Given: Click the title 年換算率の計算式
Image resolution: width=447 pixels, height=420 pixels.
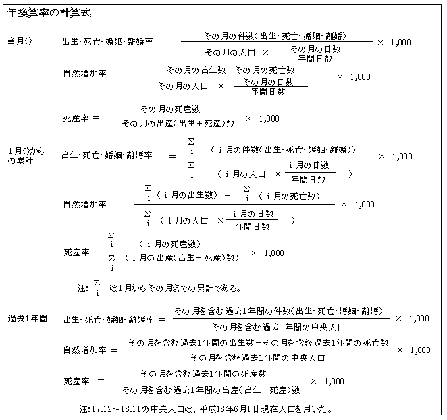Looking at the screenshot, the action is pyautogui.click(x=49, y=13).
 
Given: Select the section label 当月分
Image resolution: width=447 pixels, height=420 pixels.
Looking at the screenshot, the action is pyautogui.click(x=20, y=41).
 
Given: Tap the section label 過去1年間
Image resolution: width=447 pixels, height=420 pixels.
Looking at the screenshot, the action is pyautogui.click(x=28, y=319).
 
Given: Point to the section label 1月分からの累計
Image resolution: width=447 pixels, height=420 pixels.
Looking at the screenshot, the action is pyautogui.click(x=26, y=156).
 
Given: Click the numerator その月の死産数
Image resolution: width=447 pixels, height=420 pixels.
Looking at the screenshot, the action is pyautogui.click(x=170, y=109).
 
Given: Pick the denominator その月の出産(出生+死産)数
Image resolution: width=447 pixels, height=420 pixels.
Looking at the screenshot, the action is pyautogui.click(x=178, y=123).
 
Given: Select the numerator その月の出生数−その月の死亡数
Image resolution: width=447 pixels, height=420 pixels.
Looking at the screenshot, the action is pyautogui.click(x=230, y=70).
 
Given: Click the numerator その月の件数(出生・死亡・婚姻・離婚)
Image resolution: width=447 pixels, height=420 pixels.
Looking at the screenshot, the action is pyautogui.click(x=275, y=36).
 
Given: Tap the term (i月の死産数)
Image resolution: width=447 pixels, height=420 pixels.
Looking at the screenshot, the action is pyautogui.click(x=169, y=244).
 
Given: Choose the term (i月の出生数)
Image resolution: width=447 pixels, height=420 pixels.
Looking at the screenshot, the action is pyautogui.click(x=187, y=194).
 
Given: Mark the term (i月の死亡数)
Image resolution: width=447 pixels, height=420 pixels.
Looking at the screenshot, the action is pyautogui.click(x=290, y=196).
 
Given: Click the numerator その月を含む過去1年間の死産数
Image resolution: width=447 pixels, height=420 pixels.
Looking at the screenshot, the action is pyautogui.click(x=203, y=374).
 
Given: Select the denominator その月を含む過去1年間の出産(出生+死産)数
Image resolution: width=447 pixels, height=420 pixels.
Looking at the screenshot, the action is pyautogui.click(x=211, y=390).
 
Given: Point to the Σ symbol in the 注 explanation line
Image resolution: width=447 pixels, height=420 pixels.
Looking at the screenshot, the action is pyautogui.click(x=97, y=284).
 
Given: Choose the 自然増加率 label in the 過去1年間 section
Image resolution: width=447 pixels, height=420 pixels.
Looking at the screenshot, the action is pyautogui.click(x=85, y=350).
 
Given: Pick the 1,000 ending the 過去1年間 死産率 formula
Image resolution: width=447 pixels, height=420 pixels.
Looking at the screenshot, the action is pyautogui.click(x=334, y=382).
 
